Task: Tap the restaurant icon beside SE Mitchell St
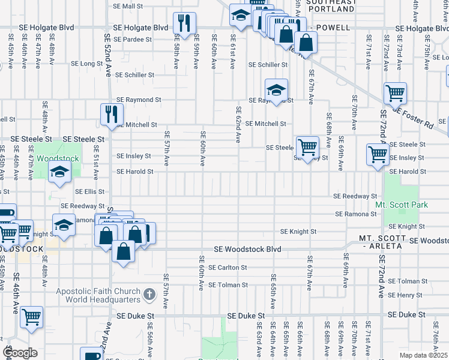point(112,114)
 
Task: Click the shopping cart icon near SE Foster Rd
point(395,94)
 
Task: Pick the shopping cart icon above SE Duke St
point(31,316)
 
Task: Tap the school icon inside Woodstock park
point(59,174)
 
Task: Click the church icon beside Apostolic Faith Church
point(150,296)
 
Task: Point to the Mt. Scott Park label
point(402,205)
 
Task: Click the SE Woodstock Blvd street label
point(248,249)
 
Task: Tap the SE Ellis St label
point(90,192)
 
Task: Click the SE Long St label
point(87,63)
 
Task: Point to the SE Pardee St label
point(133,39)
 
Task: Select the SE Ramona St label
point(356,214)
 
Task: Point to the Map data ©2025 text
point(423,355)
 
